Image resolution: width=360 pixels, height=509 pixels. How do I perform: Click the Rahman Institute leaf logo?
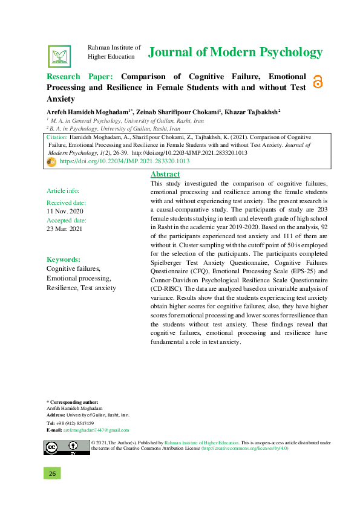(x=59, y=56)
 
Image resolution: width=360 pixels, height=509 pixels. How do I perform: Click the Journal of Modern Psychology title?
(x=235, y=53)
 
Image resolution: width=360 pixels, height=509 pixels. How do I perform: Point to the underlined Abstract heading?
(x=165, y=174)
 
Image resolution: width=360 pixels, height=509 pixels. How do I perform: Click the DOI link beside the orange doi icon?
(x=125, y=162)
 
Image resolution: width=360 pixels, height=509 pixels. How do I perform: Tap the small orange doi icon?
(x=51, y=162)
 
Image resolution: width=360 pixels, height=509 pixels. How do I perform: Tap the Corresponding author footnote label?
(x=73, y=402)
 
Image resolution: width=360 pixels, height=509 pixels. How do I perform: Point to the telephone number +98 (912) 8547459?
(x=76, y=423)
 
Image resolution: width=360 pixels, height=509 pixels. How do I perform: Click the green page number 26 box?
(x=53, y=473)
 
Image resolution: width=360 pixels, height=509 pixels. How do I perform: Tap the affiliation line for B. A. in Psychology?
(x=113, y=129)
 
